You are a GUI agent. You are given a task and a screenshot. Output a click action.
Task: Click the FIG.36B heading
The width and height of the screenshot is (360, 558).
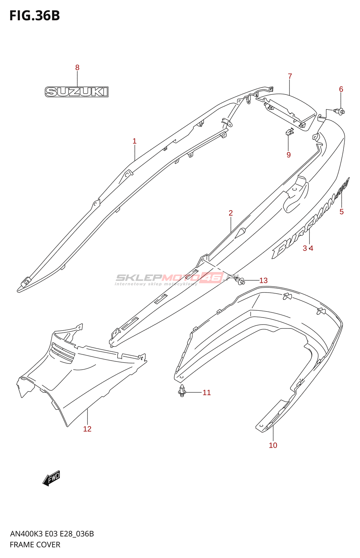pyautogui.click(x=35, y=16)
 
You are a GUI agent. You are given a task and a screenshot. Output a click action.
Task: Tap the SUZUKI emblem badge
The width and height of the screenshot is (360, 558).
pyautogui.click(x=76, y=92)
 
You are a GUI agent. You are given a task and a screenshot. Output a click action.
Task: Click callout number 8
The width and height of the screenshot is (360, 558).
pyautogui.click(x=77, y=68)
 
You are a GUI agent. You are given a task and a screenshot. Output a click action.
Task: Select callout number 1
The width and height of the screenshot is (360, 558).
pyautogui.click(x=135, y=141)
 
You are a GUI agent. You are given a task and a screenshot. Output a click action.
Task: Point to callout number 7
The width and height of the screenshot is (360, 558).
pyautogui.click(x=290, y=76)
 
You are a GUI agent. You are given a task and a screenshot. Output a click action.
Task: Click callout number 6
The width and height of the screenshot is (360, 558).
pyautogui.click(x=341, y=89)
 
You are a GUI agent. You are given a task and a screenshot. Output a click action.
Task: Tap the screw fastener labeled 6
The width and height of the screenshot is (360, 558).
pyautogui.click(x=339, y=111)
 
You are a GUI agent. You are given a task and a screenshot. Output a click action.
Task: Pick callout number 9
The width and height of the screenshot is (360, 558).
pyautogui.click(x=288, y=155)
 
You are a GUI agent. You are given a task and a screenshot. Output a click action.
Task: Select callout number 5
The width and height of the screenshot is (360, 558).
pyautogui.click(x=342, y=212)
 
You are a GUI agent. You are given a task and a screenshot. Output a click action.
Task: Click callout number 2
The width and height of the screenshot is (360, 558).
pyautogui.click(x=231, y=213)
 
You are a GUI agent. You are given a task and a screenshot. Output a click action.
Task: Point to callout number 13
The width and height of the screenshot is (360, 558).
pyautogui.click(x=263, y=280)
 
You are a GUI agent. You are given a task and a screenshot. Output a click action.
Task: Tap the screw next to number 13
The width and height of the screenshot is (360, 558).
pyautogui.click(x=240, y=280)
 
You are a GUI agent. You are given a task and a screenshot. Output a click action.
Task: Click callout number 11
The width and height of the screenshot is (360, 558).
pyautogui.click(x=207, y=393)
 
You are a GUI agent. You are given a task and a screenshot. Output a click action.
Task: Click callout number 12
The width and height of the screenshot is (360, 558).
pyautogui.click(x=87, y=429)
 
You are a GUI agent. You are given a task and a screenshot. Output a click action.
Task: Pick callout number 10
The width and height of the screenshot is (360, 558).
pyautogui.click(x=273, y=445)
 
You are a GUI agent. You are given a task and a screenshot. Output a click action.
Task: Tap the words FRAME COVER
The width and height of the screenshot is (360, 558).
pyautogui.click(x=35, y=545)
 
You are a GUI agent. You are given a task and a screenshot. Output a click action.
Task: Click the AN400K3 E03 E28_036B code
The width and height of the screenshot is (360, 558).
pyautogui.click(x=52, y=534)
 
